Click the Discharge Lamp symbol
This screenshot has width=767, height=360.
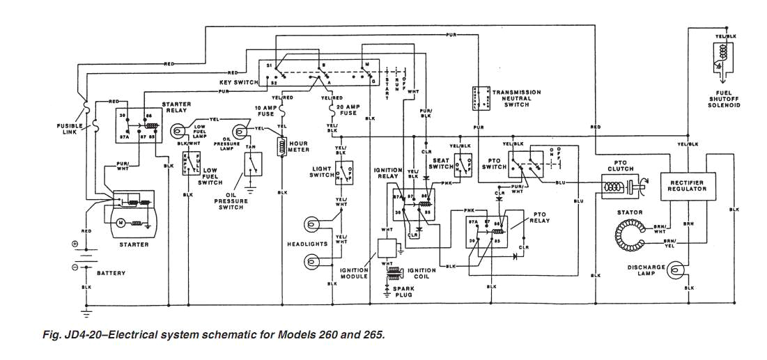(x=675, y=269)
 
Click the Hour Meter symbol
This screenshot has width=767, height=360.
(x=282, y=146)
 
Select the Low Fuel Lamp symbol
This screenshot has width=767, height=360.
(x=179, y=130)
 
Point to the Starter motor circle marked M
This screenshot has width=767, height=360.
(x=120, y=223)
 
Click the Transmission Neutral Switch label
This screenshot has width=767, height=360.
(x=516, y=98)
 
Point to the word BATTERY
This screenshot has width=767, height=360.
(x=111, y=274)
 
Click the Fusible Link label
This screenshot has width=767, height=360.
(x=70, y=129)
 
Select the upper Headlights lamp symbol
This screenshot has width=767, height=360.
(x=311, y=224)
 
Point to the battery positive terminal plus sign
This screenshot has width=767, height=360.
(x=75, y=245)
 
